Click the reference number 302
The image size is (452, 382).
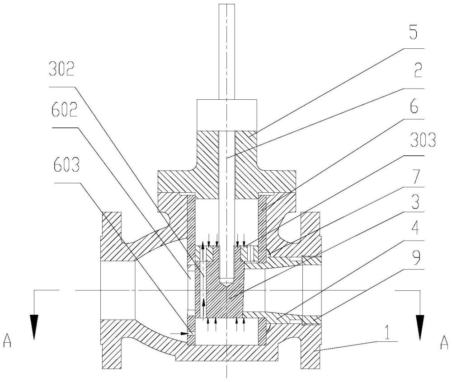click(61, 69)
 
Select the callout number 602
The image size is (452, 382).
click(64, 109)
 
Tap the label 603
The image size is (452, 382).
click(66, 165)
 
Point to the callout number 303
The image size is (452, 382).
click(423, 141)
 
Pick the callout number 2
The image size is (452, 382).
click(418, 70)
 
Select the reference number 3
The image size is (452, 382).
click(414, 202)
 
